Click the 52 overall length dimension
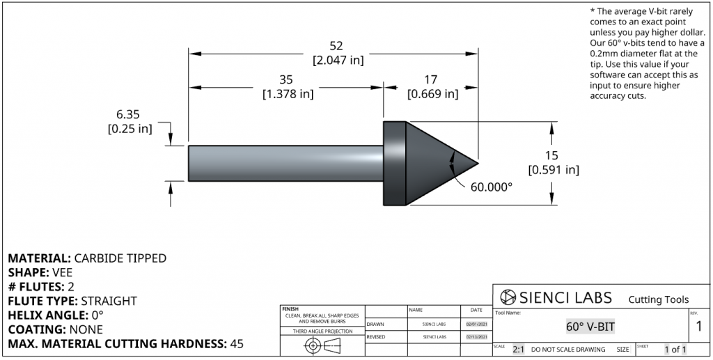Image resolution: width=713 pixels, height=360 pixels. coord(336,46)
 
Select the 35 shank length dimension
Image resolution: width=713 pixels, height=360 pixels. coord(286,79)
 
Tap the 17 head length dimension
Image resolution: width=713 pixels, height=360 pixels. coord(432,79)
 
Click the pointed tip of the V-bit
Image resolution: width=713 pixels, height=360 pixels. coord(477,164)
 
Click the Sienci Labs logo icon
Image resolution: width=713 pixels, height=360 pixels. coord(508,297)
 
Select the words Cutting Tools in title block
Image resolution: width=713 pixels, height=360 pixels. coord(658,299)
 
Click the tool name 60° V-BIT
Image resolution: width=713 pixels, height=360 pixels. coord(590,326)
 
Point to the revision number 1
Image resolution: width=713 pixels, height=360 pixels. coord(698,326)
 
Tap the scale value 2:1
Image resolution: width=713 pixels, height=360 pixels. coord(519,350)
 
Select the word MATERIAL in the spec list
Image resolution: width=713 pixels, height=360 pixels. coord(39,258)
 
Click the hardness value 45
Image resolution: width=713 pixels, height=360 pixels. coord(236,344)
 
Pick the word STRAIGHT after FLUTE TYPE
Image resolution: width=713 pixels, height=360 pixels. coord(109,301)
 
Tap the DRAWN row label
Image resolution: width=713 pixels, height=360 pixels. coord(375,324)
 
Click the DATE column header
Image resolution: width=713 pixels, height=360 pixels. coord(476,310)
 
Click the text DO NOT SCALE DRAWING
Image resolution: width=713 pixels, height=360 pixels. coord(568,350)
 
